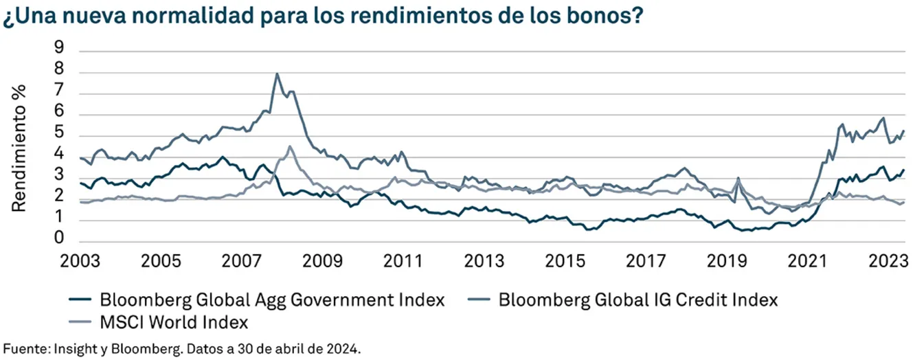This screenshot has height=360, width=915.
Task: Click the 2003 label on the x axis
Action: (x=80, y=262)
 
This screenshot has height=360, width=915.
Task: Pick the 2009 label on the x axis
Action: (x=321, y=262)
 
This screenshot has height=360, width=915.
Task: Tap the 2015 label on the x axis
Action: (x=563, y=262)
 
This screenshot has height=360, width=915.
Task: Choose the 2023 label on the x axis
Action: (x=886, y=262)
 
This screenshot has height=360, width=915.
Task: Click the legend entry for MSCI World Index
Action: (x=174, y=322)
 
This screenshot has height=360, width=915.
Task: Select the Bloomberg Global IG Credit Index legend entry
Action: (x=638, y=300)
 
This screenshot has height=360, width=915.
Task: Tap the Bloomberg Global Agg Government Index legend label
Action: (x=272, y=300)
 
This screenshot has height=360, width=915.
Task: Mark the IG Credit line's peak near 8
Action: (x=277, y=74)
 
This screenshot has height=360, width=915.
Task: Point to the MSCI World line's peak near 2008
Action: (x=290, y=146)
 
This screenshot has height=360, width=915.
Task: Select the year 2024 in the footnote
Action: (x=345, y=349)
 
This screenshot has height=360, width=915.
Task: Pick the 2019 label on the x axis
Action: (x=725, y=262)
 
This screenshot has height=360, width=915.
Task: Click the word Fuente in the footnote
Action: (x=25, y=349)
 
